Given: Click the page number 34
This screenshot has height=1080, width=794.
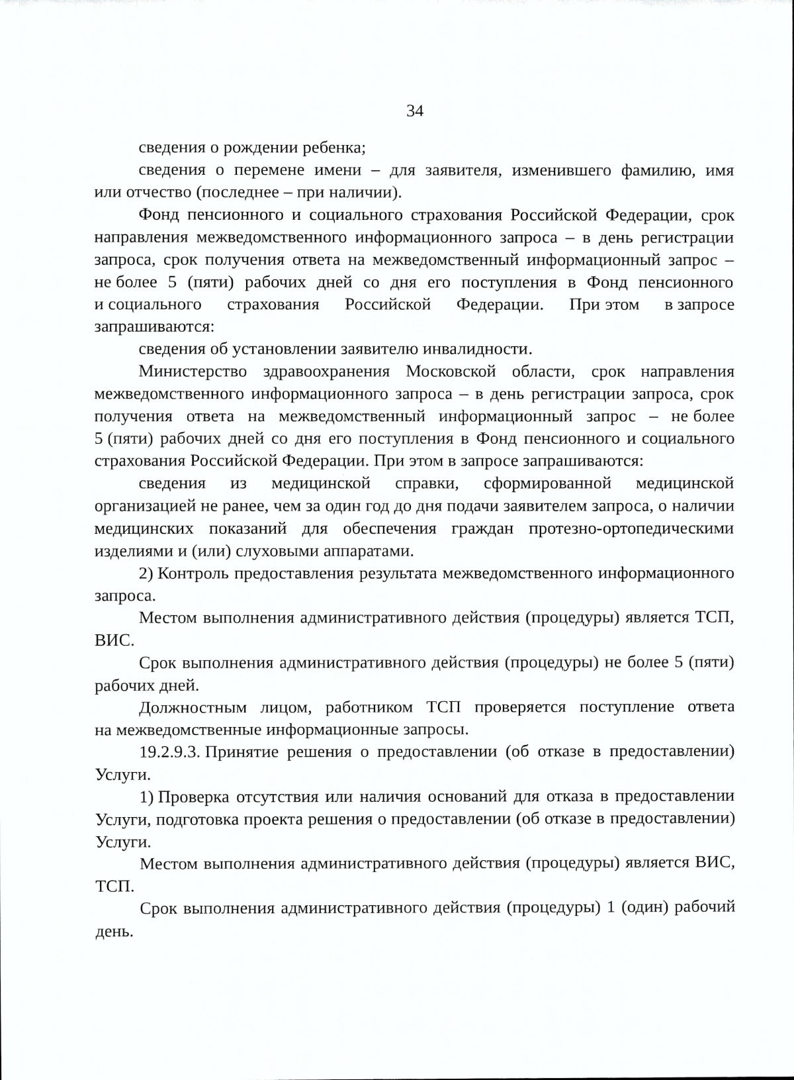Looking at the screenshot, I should coord(415,111).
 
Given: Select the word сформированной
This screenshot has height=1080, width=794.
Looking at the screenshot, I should coord(547,483).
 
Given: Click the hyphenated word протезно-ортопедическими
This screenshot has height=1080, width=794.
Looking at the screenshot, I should coord(631,528).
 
